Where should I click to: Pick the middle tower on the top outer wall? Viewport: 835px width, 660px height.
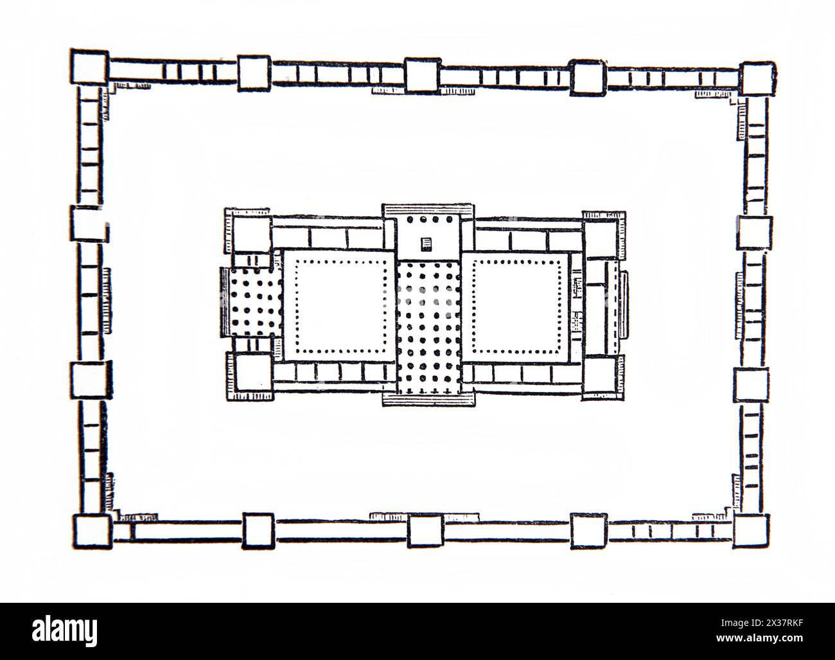423,75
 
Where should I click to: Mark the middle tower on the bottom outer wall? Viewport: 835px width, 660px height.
425,532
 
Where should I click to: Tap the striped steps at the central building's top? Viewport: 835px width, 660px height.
428,210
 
